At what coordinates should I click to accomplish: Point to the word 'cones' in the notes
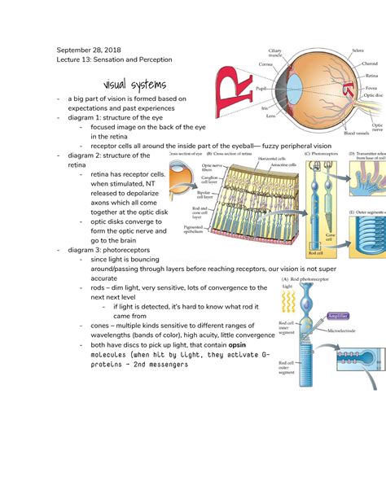[x=106, y=324]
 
